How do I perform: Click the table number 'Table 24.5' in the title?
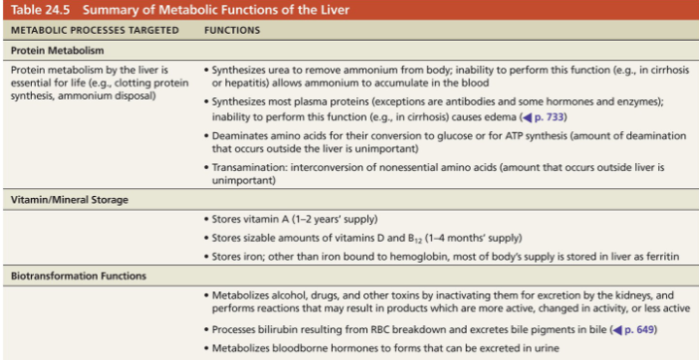pyautogui.click(x=38, y=10)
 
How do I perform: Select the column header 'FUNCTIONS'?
pyautogui.click(x=232, y=30)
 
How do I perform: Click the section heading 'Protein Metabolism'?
pyautogui.click(x=57, y=49)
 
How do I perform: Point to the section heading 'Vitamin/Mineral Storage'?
pyautogui.click(x=69, y=199)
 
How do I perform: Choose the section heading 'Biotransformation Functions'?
pyautogui.click(x=78, y=276)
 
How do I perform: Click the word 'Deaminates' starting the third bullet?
pyautogui.click(x=242, y=137)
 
